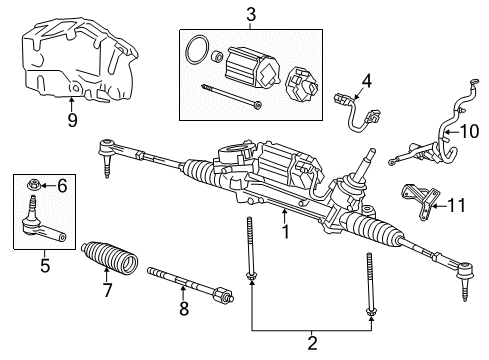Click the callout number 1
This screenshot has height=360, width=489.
(285, 235)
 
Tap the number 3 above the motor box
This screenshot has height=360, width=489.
(252, 13)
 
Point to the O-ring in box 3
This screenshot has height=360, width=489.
(199, 49)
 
